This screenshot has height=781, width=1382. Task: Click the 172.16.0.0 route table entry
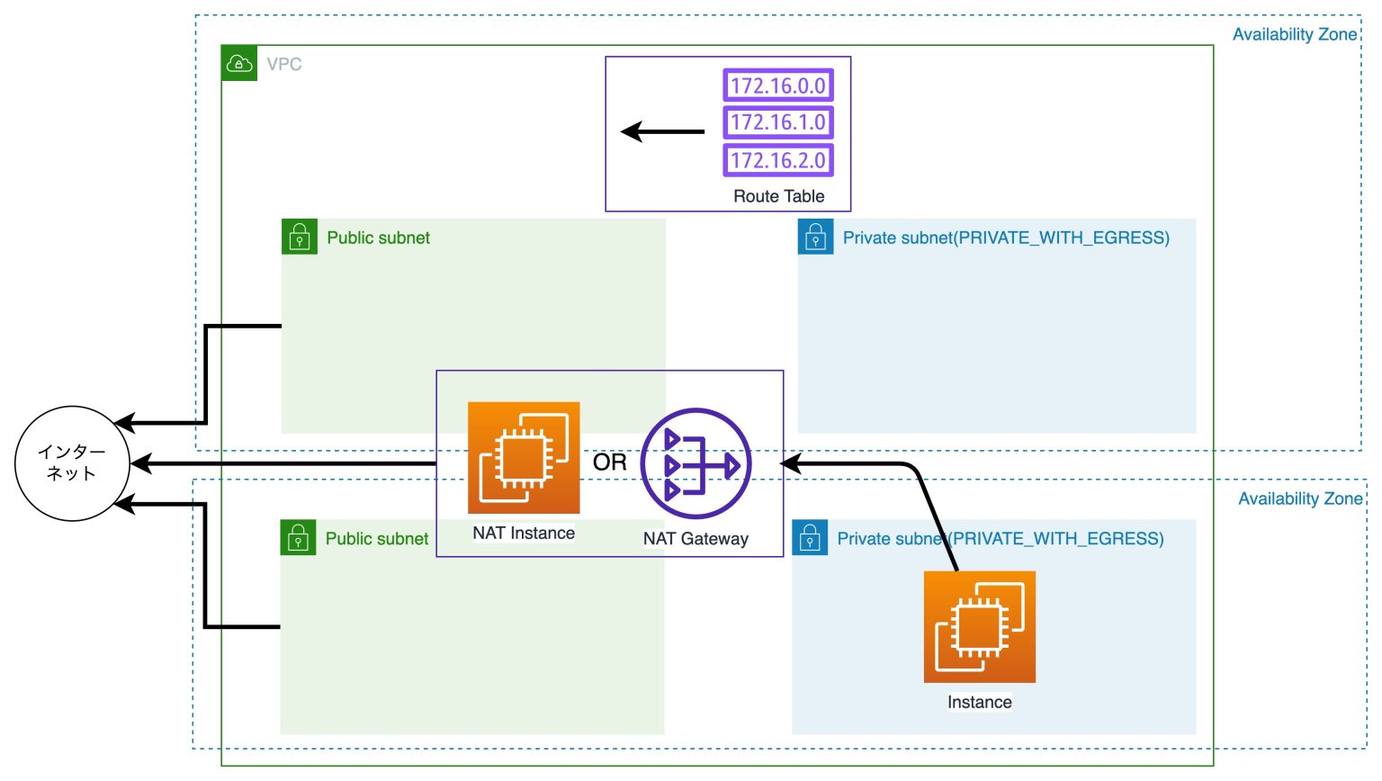[778, 85]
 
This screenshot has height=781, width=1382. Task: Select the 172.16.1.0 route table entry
[778, 122]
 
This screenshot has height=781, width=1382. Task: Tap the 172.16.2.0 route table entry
[778, 160]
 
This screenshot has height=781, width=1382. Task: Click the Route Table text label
[778, 196]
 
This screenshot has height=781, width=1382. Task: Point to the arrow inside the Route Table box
[662, 132]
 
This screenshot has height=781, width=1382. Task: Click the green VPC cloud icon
[239, 64]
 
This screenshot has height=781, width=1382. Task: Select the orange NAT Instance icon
[524, 458]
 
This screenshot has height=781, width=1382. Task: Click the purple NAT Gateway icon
[695, 463]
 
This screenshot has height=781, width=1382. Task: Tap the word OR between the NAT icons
[609, 462]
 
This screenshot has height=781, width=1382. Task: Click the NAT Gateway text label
[695, 539]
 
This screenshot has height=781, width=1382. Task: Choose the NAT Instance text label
[524, 533]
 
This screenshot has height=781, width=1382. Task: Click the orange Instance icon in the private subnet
[979, 626]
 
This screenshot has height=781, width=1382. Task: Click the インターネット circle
[72, 463]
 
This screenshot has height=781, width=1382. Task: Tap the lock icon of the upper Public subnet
[300, 237]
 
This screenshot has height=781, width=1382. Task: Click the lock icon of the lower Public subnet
[298, 538]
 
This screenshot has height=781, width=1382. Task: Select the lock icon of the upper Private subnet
[815, 237]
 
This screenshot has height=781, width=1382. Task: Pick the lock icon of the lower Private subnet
[810, 538]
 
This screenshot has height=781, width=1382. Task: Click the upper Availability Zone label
[1294, 34]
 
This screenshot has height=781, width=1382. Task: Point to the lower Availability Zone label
[1299, 498]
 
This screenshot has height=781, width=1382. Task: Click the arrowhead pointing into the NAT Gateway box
[791, 463]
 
